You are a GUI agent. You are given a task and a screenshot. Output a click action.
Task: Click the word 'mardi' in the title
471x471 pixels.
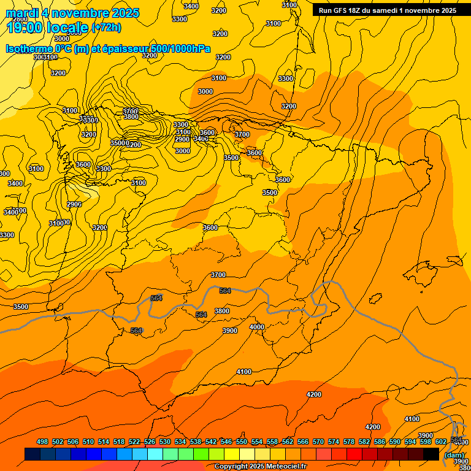(x=23, y=13)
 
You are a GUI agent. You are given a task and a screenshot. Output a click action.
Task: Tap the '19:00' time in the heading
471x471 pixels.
(x=25, y=28)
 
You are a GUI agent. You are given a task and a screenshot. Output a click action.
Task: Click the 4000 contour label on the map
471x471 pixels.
(x=257, y=327)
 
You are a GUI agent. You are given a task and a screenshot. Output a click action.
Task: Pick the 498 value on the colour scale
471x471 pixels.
(x=42, y=442)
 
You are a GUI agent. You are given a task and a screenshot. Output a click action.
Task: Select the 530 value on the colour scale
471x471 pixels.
(x=165, y=442)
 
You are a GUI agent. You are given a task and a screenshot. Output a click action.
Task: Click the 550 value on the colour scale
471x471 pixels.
(x=242, y=442)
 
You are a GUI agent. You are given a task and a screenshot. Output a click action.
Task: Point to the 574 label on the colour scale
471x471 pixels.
(x=334, y=442)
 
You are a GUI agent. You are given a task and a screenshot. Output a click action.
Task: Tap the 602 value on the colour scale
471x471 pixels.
(x=441, y=442)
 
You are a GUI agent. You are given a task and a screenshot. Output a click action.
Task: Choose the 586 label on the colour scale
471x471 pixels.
(x=380, y=442)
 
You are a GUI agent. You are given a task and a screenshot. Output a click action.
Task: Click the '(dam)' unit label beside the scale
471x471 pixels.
(x=454, y=455)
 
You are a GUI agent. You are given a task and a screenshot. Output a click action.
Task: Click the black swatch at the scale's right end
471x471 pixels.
(x=431, y=454)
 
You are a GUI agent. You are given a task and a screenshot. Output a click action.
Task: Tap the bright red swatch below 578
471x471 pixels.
(x=354, y=454)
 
